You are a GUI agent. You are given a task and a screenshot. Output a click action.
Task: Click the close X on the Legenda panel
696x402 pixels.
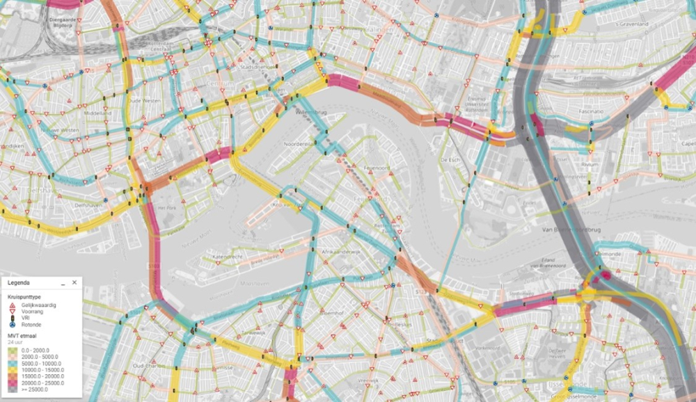point(74,283)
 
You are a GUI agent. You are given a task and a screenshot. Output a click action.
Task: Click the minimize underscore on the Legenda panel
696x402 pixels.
point(63,283)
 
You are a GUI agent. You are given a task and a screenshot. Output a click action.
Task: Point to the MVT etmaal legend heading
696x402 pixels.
point(23,336)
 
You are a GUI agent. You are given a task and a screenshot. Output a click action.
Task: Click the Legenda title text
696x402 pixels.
point(18,283)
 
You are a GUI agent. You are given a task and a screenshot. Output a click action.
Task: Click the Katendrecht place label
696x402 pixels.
point(228,256)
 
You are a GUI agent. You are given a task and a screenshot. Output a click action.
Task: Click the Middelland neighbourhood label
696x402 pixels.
point(97,113)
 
